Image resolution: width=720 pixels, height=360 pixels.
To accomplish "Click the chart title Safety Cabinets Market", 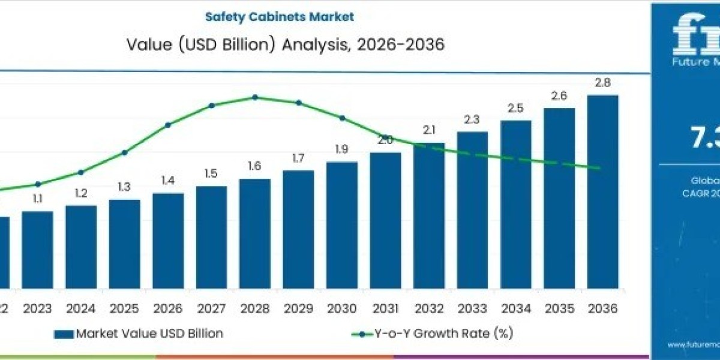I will tap(280, 17).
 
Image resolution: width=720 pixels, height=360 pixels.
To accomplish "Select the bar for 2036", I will tap(602, 192).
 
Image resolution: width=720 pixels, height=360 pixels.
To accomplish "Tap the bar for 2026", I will tap(168, 240).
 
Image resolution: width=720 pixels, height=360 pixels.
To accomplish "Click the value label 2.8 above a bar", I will tap(602, 83).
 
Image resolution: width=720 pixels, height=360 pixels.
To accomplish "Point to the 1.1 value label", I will tap(37, 199).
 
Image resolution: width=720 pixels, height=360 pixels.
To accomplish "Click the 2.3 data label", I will tap(472, 119).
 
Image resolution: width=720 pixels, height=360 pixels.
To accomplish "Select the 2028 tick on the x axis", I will tap(255, 308).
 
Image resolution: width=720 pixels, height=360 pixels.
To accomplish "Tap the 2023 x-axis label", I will tap(37, 308).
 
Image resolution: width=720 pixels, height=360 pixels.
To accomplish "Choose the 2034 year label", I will tap(516, 308).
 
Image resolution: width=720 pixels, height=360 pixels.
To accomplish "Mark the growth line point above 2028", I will tap(255, 97).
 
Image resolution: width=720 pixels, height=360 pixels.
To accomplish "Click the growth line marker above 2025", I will tap(124, 152).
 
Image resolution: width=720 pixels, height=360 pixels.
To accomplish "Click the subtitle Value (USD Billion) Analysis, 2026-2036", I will tap(286, 44).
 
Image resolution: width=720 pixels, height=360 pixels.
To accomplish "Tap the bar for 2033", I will tap(472, 210).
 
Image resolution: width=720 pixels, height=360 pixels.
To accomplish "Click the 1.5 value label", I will tap(211, 173).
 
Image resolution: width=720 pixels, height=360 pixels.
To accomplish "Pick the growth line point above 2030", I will tap(342, 118).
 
